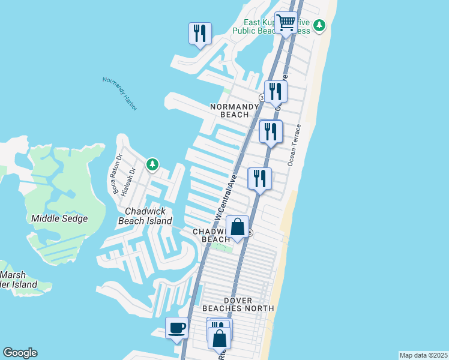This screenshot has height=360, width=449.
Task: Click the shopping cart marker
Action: click(x=286, y=23)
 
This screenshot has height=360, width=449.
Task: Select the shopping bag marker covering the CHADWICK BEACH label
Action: click(x=238, y=228)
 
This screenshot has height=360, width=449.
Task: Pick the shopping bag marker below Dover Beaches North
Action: click(x=219, y=338)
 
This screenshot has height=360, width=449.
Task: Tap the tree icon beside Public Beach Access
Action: click(x=320, y=25)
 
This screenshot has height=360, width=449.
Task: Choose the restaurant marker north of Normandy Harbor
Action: click(x=200, y=33)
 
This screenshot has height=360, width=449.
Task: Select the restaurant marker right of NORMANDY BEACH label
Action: click(x=276, y=92)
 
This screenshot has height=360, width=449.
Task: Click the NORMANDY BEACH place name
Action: click(x=229, y=110)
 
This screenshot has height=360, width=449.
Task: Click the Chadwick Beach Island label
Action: click(x=148, y=216)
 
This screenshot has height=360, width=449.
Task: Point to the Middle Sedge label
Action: click(x=59, y=218)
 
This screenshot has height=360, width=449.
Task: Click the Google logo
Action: click(x=20, y=353)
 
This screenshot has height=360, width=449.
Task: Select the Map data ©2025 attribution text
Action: click(x=424, y=355)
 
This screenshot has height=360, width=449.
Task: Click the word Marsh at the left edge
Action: click(x=13, y=275)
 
